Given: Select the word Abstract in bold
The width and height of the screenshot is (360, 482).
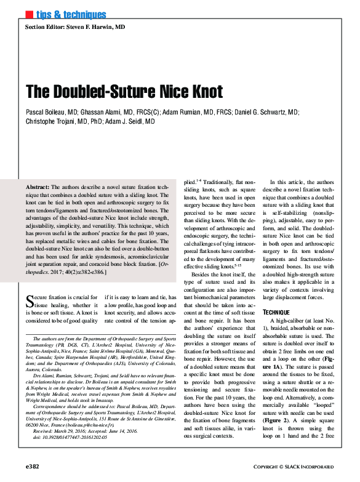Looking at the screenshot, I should [x=42, y=186].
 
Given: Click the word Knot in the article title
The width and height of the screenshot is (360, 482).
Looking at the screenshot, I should [x=201, y=92].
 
